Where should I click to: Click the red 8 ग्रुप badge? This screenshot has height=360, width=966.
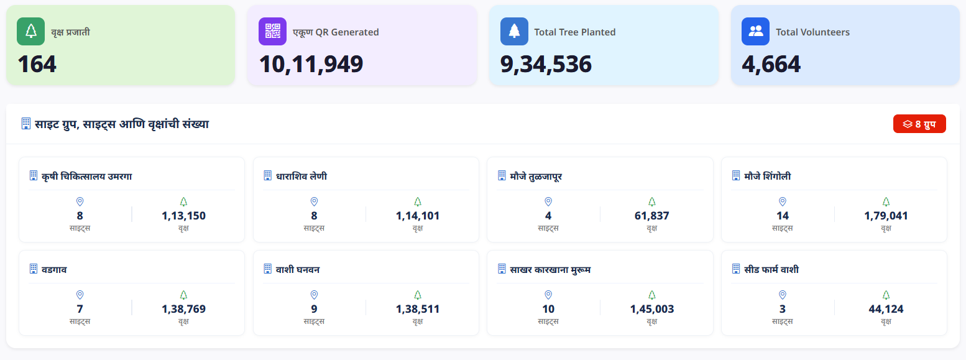pyautogui.click(x=919, y=124)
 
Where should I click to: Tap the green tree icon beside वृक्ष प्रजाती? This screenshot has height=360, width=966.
pyautogui.click(x=30, y=32)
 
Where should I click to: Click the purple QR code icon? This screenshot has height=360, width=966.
pyautogui.click(x=272, y=32)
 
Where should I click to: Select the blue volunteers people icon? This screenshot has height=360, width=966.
pyautogui.click(x=755, y=32)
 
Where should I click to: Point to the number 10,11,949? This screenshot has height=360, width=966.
pyautogui.click(x=311, y=64)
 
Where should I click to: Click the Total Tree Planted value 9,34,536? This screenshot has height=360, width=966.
pyautogui.click(x=546, y=64)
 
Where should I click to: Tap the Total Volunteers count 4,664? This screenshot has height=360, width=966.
pyautogui.click(x=771, y=64)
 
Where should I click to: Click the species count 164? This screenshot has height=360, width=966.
pyautogui.click(x=37, y=64)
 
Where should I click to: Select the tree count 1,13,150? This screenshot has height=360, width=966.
pyautogui.click(x=184, y=216)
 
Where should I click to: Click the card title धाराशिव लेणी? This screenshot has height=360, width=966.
pyautogui.click(x=301, y=176)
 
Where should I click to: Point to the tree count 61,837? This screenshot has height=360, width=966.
pyautogui.click(x=651, y=216)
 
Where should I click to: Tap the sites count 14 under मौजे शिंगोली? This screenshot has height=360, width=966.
pyautogui.click(x=782, y=216)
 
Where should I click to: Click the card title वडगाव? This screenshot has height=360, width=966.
pyautogui.click(x=54, y=269)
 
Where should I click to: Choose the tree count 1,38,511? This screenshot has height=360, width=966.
pyautogui.click(x=418, y=308)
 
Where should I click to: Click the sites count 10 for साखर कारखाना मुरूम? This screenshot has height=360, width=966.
pyautogui.click(x=548, y=308)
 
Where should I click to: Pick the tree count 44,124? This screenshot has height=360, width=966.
pyautogui.click(x=886, y=308)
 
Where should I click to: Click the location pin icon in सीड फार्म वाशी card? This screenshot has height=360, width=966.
pyautogui.click(x=782, y=295)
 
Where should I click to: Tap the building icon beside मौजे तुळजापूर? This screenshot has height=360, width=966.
pyautogui.click(x=502, y=175)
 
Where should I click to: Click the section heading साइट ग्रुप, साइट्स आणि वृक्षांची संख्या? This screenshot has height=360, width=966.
pyautogui.click(x=122, y=124)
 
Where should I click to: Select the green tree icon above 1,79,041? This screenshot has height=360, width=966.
pyautogui.click(x=886, y=201)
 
